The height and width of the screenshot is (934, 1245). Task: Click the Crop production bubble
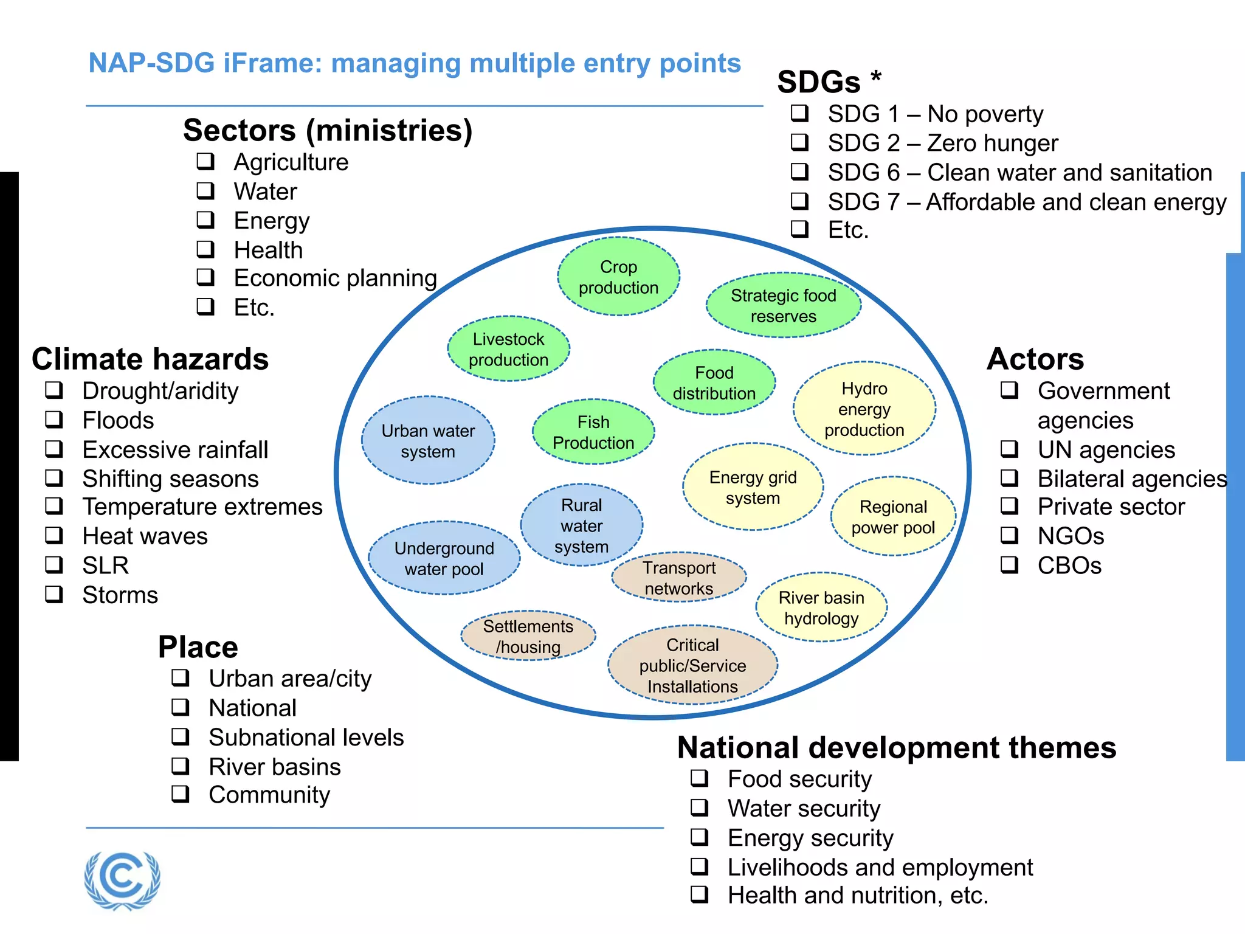coord(618,277)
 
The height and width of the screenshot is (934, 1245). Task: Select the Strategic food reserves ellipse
coord(783,305)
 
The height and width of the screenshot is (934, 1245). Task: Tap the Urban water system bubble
coord(428,441)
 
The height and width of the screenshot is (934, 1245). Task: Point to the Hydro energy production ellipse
coord(864,409)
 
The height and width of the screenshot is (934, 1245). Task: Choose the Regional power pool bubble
coord(892,516)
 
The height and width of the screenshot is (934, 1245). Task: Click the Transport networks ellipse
coord(679,578)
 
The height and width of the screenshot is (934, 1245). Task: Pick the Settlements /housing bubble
coord(528,636)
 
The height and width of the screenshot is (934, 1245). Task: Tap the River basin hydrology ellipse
coord(821,607)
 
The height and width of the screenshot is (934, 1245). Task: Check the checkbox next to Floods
coord(54,420)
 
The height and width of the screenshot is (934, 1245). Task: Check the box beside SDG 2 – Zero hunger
coord(799,143)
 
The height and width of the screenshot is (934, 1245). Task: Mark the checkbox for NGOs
coord(1009,535)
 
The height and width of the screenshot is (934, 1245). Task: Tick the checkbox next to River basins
coord(181,766)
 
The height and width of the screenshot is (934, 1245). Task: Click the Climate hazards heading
coord(150,359)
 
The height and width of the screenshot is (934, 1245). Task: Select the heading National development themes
coord(897,747)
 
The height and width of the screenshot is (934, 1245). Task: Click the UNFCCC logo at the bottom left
coord(122,880)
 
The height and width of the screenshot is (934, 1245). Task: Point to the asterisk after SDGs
coord(876,77)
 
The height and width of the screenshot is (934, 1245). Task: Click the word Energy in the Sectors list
coord(272,221)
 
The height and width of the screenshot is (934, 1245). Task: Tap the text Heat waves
coord(145,536)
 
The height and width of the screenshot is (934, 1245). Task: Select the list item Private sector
coord(1111,507)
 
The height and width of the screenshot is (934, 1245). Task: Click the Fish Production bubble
coord(593,432)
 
